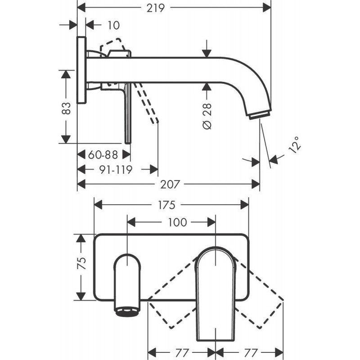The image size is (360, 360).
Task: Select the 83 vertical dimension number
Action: click(x=66, y=108)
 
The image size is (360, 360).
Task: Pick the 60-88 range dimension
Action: click(x=103, y=155)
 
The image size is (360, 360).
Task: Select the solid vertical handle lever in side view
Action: click(x=128, y=112)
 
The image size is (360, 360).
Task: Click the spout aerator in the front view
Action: click(x=128, y=312)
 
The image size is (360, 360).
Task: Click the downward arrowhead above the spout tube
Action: click(x=207, y=52)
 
